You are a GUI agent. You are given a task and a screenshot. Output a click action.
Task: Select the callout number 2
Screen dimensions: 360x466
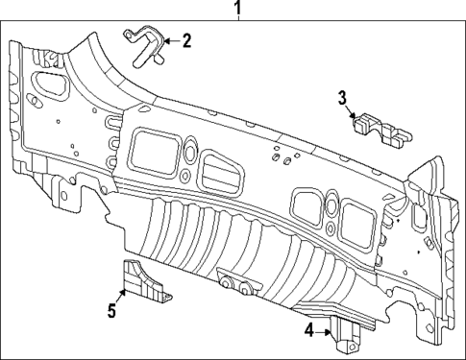(186, 40)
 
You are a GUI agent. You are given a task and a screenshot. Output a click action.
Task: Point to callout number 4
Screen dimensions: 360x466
(308, 330)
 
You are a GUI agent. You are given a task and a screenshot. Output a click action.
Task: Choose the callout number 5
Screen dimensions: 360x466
(112, 310)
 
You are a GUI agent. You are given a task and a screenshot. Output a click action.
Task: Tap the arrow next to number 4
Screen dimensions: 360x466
(325, 330)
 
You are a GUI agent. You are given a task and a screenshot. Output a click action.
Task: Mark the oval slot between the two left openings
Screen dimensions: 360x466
(189, 154)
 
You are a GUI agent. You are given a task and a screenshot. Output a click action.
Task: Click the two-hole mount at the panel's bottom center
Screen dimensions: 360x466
(237, 285)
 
